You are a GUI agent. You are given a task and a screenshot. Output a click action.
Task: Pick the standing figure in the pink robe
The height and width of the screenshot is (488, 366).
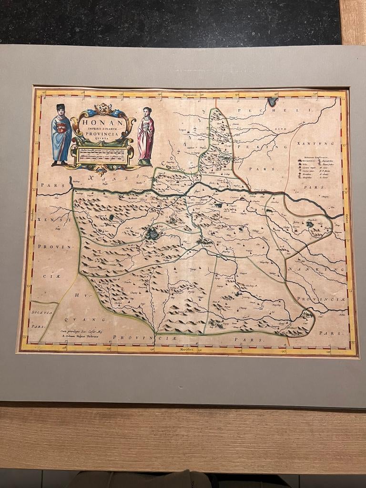click(x=146, y=135)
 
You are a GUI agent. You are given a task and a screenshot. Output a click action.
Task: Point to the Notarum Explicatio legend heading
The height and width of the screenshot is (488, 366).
click(x=315, y=156)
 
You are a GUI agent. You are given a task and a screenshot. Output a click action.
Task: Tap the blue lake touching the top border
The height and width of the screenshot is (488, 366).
click(x=272, y=101)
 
